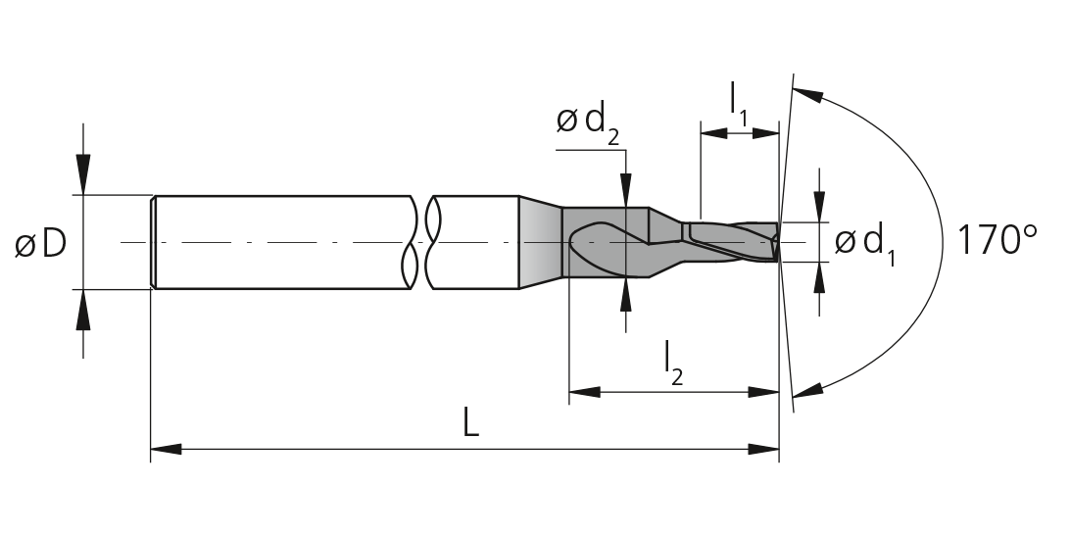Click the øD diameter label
tap(40, 243)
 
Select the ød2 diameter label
tap(588, 122)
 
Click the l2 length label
tap(673, 364)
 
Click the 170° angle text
tap(997, 240)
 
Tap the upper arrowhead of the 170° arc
tap(807, 94)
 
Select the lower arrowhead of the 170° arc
tap(807, 391)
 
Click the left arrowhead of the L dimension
tap(166, 450)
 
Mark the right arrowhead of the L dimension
tap(763, 450)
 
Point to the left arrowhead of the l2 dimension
tap(585, 392)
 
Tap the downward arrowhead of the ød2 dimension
tap(626, 190)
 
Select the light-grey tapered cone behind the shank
tap(541, 242)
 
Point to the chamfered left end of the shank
tap(154, 242)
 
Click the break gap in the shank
tap(423, 242)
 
